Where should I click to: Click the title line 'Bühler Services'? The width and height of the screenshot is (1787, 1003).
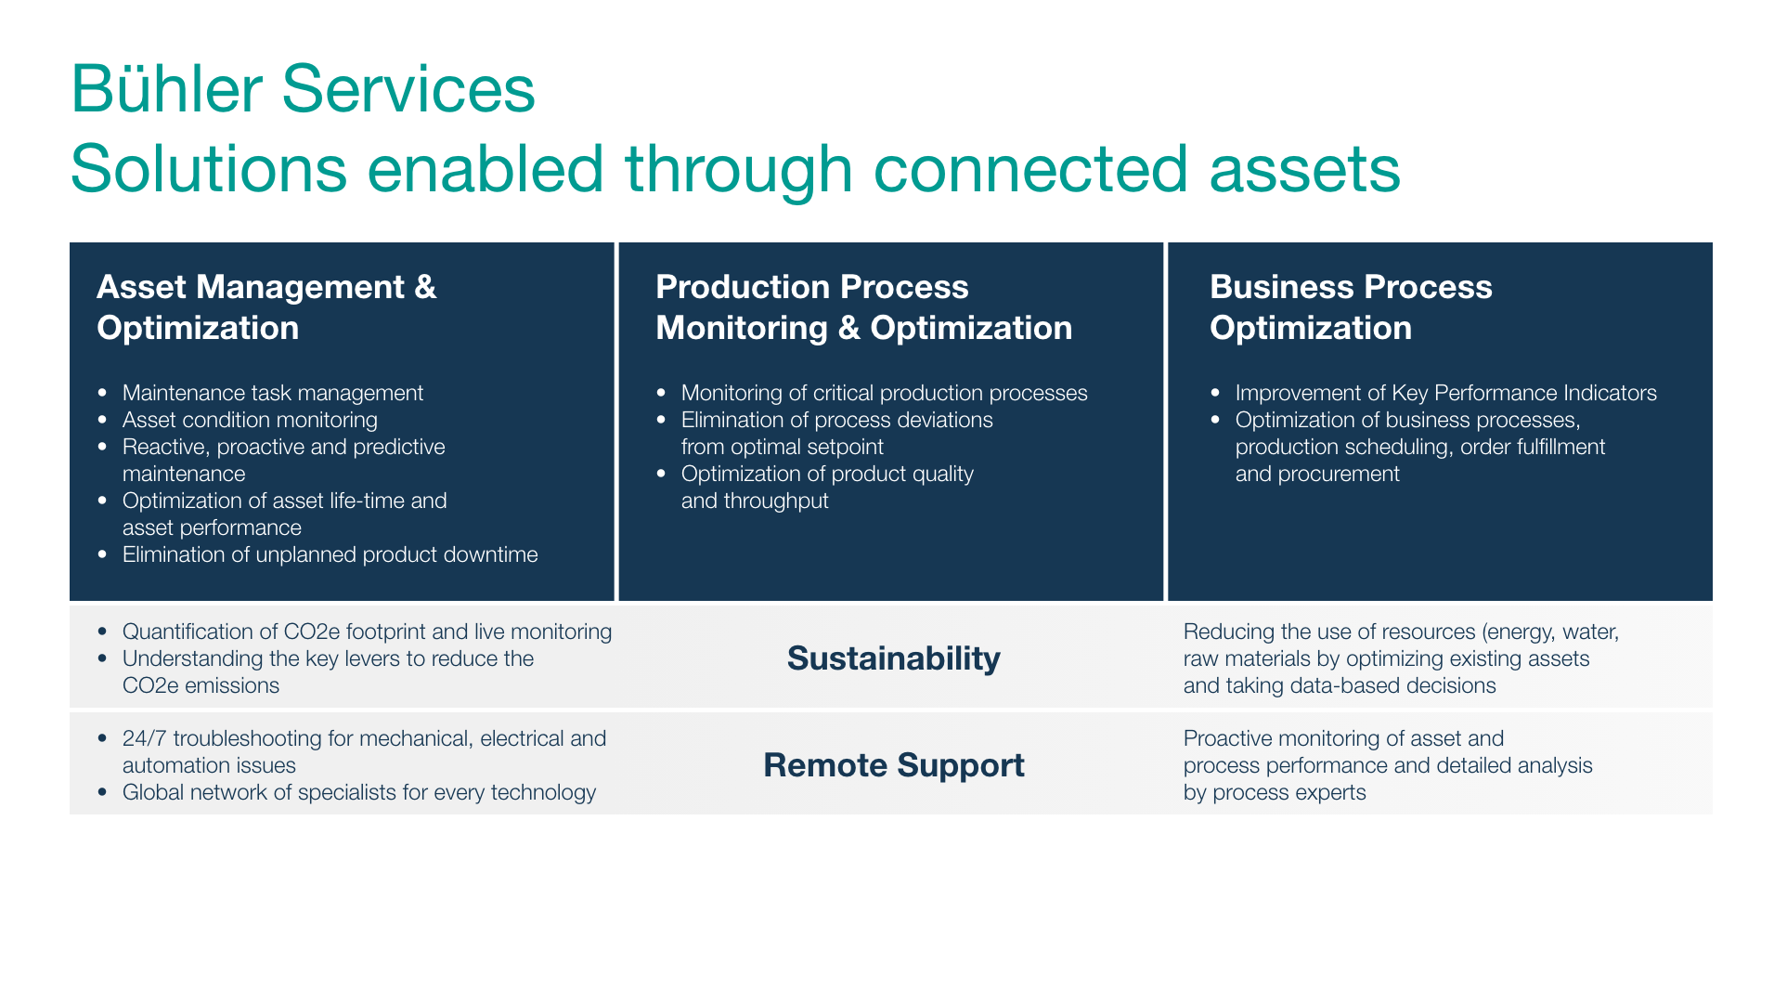point(303,89)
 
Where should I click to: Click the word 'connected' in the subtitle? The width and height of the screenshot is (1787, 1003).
point(1030,169)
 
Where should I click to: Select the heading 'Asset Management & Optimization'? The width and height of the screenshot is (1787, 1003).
point(266,307)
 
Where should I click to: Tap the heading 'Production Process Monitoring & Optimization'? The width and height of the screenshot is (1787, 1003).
point(863,307)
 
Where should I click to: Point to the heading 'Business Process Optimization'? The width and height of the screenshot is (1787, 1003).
point(1351,307)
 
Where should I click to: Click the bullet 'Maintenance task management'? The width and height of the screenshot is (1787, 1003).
point(273,393)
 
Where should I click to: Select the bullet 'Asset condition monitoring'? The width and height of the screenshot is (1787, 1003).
point(250,420)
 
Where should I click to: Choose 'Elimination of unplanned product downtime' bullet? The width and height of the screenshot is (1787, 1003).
point(330,554)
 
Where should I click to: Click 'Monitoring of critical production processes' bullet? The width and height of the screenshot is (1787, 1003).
point(884,393)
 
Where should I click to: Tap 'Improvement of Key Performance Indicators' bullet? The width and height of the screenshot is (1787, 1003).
point(1445,393)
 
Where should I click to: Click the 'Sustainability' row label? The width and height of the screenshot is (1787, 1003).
point(893,658)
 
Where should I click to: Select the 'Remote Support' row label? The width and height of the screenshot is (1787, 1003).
point(893,765)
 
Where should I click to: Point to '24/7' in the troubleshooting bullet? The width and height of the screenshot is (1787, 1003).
point(144,738)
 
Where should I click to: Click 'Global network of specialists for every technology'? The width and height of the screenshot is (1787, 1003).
point(359,792)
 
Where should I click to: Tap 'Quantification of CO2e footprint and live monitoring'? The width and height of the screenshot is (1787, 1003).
point(367,632)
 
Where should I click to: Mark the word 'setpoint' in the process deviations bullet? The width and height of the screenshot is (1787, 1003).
point(844,448)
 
